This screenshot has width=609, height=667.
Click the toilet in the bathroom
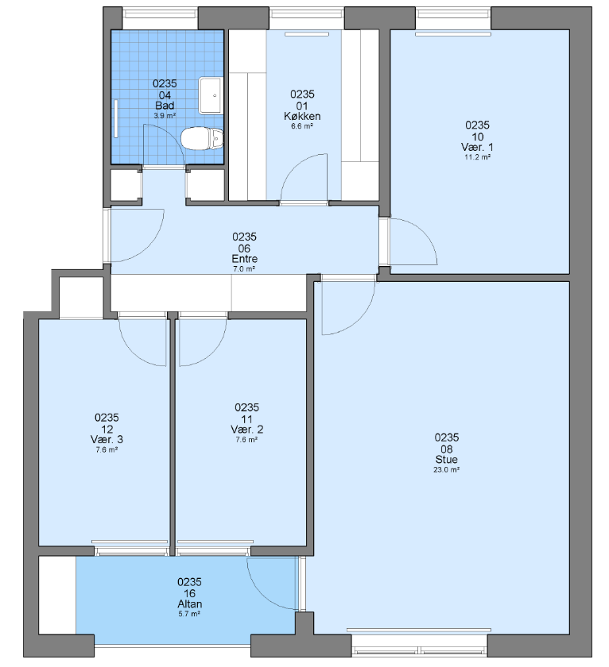click(202, 139)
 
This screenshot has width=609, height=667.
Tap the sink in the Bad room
click(211, 96)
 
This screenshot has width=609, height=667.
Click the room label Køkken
click(302, 116)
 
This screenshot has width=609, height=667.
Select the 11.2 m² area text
click(477, 157)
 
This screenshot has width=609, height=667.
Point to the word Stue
click(446, 460)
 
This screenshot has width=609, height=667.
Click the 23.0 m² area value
click(446, 469)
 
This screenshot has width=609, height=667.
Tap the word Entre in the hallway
click(244, 259)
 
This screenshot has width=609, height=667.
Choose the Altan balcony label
click(189, 604)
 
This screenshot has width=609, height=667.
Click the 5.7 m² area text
click(189, 614)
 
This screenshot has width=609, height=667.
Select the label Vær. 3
click(107, 439)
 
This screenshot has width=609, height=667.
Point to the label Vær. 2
click(246, 430)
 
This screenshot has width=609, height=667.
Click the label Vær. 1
click(477, 147)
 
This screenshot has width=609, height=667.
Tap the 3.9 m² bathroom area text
click(165, 115)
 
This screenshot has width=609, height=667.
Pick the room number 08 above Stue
click(446, 449)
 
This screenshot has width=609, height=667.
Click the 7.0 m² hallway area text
click(244, 269)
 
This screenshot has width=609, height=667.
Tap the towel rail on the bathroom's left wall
click(116, 118)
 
